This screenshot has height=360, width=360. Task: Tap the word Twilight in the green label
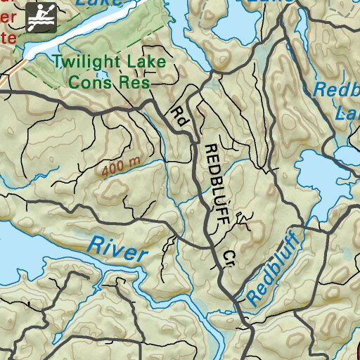(87, 62)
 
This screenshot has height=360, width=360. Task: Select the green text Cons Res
(108, 82)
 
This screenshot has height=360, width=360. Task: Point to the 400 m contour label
(121, 167)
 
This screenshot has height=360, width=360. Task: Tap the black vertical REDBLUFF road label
(216, 184)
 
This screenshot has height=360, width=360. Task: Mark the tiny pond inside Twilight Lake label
(103, 73)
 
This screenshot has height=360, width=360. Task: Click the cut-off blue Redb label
(335, 90)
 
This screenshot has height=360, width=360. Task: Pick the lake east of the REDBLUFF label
(320, 172)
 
